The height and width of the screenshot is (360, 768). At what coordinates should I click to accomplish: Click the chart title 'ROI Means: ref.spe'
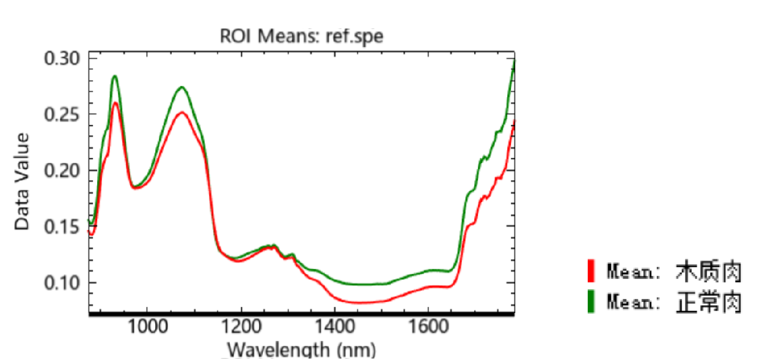[x=302, y=36]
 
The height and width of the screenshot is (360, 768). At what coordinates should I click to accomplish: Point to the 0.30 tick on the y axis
[x=62, y=59]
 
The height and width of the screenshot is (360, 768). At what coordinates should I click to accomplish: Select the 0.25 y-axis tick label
[x=62, y=115]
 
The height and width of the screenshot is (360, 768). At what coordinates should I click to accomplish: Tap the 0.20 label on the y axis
[x=62, y=171]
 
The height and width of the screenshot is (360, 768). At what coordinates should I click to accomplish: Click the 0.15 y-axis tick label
[x=62, y=227]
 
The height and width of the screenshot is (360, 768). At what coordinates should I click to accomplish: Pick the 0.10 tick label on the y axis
[x=62, y=283]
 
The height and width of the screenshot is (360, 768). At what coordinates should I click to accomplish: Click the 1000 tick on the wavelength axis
[x=147, y=328]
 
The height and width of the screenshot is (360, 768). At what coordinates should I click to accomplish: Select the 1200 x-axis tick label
[x=241, y=328]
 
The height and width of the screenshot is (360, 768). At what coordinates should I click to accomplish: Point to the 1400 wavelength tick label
[x=335, y=328]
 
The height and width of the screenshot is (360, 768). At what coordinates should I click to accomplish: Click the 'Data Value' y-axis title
[x=22, y=181]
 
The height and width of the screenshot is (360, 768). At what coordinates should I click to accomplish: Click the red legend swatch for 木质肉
[x=591, y=271]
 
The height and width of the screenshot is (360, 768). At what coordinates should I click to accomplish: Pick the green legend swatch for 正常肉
[x=591, y=302]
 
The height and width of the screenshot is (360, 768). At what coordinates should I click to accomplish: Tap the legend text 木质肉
[x=709, y=271]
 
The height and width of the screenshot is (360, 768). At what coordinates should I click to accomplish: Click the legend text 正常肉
[x=709, y=303]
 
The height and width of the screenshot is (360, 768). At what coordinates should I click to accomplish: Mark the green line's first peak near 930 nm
[x=115, y=76]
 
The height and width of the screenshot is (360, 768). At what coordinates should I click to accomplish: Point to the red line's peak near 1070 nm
[x=180, y=112]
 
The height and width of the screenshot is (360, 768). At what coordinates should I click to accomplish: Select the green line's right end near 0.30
[x=514, y=61]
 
